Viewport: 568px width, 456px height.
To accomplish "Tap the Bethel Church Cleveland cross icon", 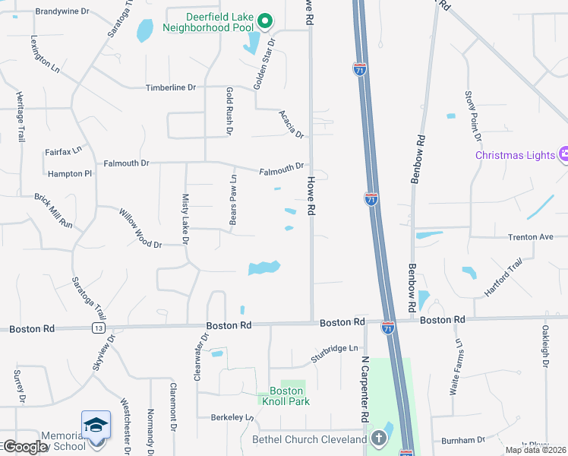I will tap(379, 439).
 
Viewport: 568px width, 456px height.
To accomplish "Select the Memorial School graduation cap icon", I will tap(96, 424).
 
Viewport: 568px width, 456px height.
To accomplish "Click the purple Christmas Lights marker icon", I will tap(563, 155).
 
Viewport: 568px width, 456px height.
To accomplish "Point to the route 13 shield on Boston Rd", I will tap(99, 328).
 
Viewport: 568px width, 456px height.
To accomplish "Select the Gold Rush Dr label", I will tap(229, 110).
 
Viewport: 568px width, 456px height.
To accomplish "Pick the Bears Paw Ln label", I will tap(234, 200).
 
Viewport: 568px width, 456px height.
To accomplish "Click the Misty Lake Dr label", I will tap(186, 218).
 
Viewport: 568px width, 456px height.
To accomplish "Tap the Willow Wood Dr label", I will tap(140, 229).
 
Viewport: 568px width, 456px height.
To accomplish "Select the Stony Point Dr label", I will tap(473, 116).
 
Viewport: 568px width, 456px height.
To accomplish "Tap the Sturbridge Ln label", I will tap(334, 353).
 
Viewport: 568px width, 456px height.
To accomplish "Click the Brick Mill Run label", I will tap(53, 211).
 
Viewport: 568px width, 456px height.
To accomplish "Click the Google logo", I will tap(24, 447).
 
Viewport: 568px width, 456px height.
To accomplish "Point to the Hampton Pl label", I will tap(69, 174).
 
